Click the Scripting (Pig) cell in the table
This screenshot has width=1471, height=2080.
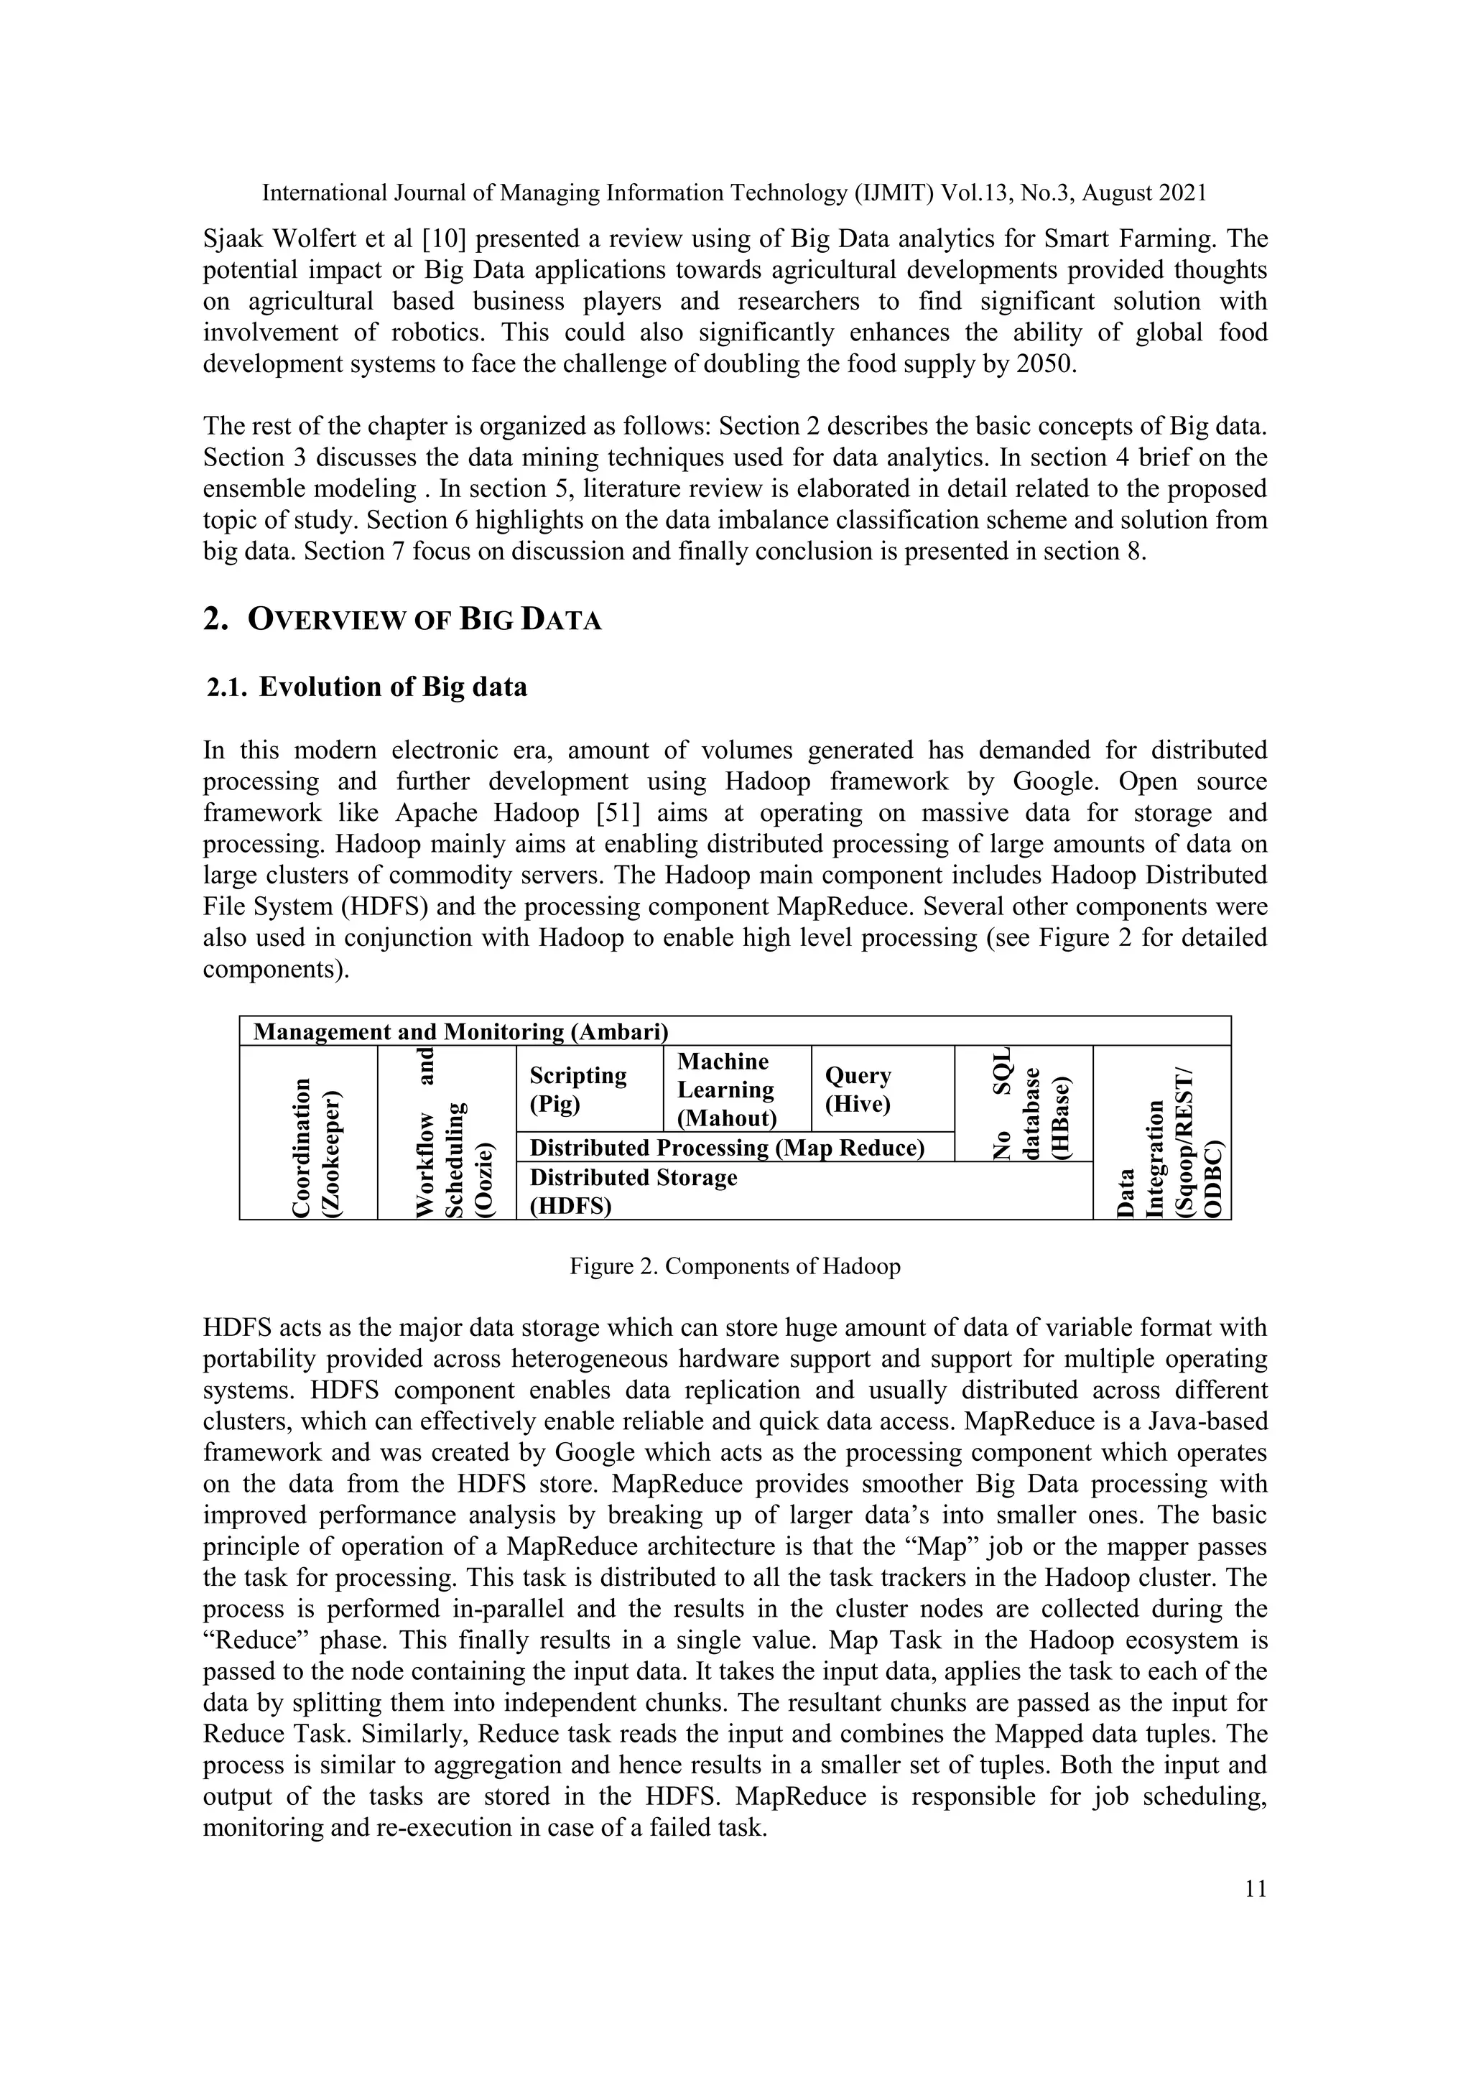coord(589,1089)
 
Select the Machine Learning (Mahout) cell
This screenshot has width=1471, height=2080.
coord(736,1089)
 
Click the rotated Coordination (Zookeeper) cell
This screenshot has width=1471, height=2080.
coord(309,1133)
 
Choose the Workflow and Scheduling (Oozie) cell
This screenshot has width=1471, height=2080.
coord(447,1133)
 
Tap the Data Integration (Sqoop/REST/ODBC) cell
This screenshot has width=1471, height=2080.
coord(1162,1133)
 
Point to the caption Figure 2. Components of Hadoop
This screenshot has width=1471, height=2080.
coord(735,1266)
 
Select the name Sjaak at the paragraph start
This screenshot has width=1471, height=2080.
coord(235,239)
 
